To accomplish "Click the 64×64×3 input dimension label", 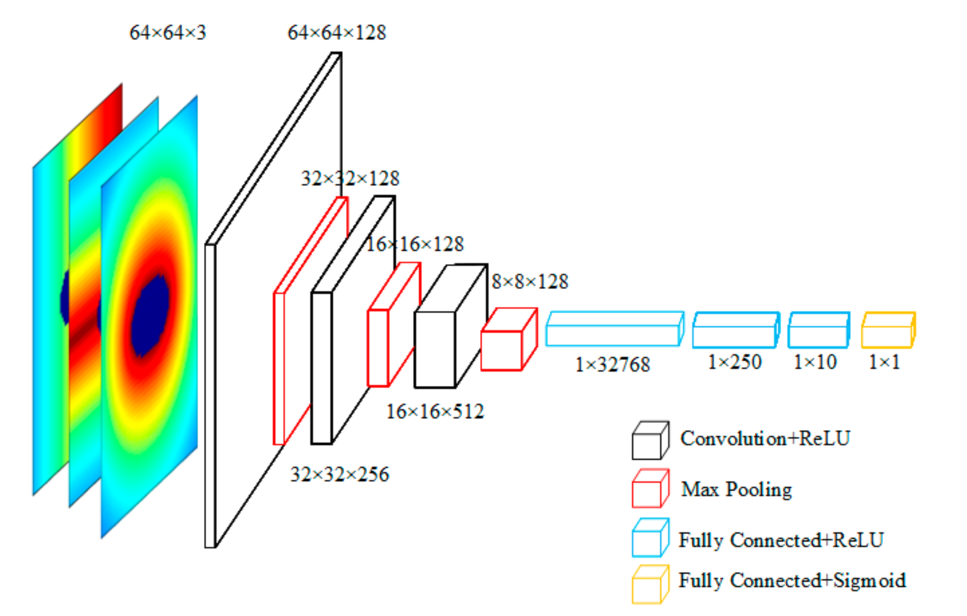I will [x=167, y=33].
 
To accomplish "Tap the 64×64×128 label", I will [x=337, y=33].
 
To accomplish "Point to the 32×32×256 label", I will [x=339, y=474].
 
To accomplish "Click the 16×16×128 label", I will [x=415, y=244].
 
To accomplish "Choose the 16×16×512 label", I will [x=435, y=412].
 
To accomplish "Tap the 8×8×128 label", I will [x=530, y=281].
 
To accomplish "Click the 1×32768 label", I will [x=612, y=365].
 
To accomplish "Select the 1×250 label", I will [x=735, y=362].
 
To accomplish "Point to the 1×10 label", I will [x=815, y=362].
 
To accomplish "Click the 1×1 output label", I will [x=884, y=362].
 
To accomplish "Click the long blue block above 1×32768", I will [x=615, y=329].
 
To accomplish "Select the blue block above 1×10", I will [x=818, y=330].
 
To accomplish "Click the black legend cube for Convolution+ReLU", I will [x=650, y=441].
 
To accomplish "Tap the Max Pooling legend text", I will [x=736, y=490].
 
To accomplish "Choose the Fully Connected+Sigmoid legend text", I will [x=792, y=580].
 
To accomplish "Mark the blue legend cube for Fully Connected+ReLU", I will [x=650, y=538].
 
